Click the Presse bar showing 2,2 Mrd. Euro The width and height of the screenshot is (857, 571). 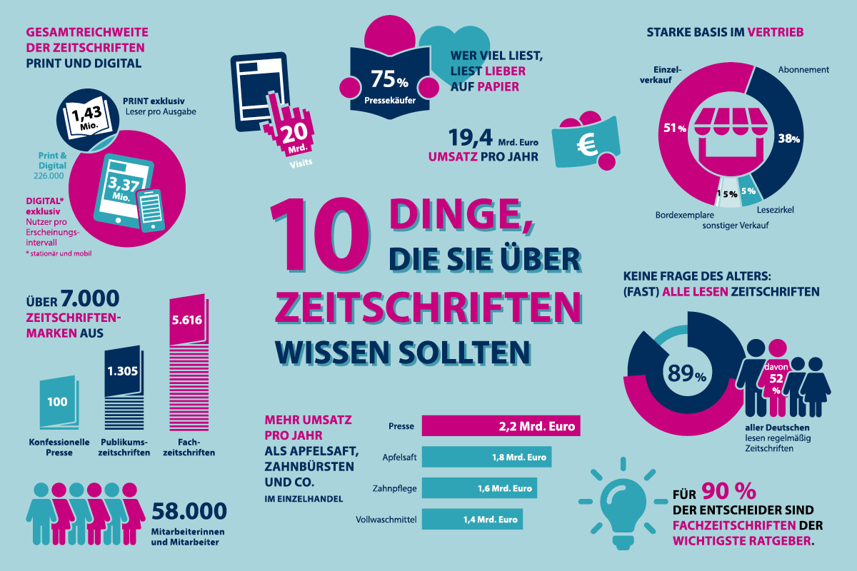(500, 426)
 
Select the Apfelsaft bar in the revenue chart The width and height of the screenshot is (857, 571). (486, 458)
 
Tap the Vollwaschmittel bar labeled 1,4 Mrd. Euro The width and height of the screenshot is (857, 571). (472, 520)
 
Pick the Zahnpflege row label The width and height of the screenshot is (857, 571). (395, 489)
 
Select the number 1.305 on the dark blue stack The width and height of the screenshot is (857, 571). (122, 370)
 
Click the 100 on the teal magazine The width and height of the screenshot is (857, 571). (57, 402)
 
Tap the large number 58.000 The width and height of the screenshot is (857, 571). (189, 511)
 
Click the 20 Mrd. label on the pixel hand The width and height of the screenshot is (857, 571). (292, 137)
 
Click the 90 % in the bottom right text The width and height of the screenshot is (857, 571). (728, 491)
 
